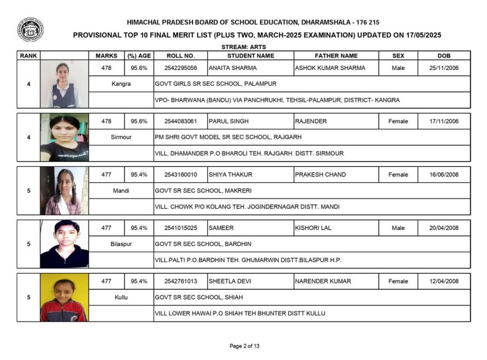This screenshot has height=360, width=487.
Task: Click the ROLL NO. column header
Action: (x=181, y=56)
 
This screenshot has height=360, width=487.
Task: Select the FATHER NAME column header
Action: (x=336, y=56)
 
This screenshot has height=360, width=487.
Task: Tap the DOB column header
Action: (x=444, y=56)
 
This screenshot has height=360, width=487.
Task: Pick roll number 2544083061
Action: (x=181, y=121)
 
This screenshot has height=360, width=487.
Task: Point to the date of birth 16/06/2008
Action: (x=444, y=175)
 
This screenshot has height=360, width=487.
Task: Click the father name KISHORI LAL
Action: (x=313, y=228)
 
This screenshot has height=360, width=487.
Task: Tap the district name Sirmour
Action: (x=121, y=137)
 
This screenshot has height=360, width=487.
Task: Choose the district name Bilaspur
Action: (x=121, y=244)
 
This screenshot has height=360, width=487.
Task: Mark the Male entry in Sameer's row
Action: (x=398, y=228)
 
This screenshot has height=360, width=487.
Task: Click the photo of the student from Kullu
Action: (x=64, y=298)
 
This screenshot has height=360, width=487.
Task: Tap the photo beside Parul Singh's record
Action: (x=64, y=137)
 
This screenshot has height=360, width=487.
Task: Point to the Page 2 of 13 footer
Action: (x=244, y=346)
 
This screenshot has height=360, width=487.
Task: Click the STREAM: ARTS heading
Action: (x=243, y=47)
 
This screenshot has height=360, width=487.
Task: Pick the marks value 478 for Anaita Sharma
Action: (x=107, y=68)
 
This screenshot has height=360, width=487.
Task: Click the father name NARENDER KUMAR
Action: (x=323, y=281)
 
